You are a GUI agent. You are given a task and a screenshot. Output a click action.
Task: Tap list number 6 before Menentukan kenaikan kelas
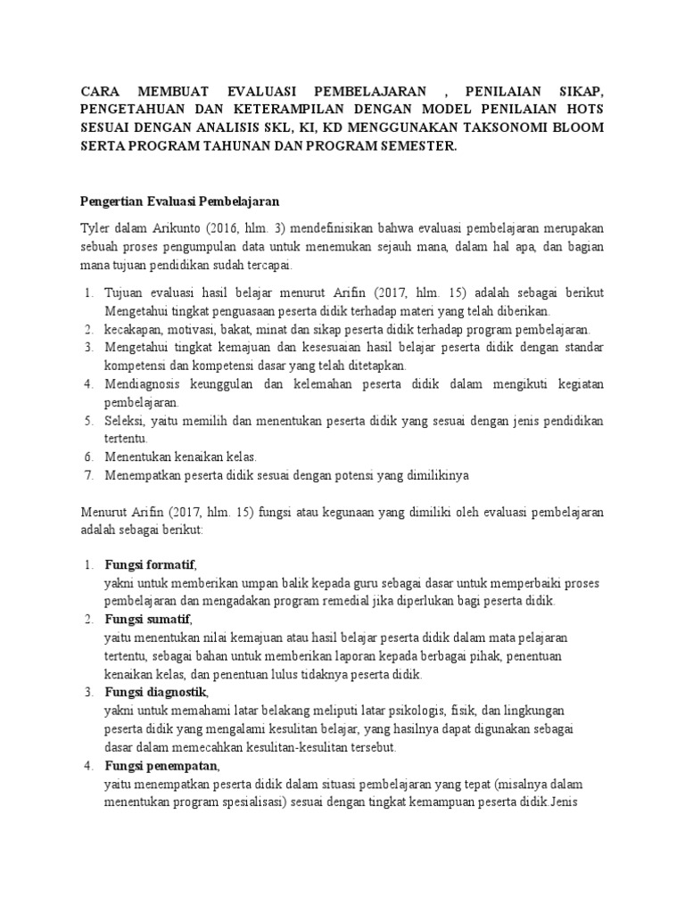click(x=88, y=456)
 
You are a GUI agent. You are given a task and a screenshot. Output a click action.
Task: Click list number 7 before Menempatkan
click(x=88, y=474)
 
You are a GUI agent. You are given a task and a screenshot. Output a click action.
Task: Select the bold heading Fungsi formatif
click(x=149, y=565)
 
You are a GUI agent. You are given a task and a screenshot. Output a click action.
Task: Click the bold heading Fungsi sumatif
click(x=147, y=620)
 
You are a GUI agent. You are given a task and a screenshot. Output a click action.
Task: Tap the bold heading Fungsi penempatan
click(x=161, y=766)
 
